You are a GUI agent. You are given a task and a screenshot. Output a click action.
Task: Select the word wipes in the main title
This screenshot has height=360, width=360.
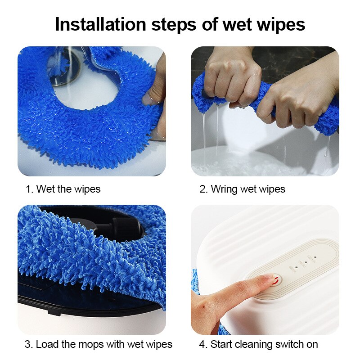pyautogui.click(x=279, y=24)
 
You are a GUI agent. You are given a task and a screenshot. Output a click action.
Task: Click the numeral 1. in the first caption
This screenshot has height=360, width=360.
pyautogui.click(x=29, y=189)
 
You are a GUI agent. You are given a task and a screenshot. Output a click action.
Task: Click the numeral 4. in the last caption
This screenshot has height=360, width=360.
pyautogui.click(x=202, y=345)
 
